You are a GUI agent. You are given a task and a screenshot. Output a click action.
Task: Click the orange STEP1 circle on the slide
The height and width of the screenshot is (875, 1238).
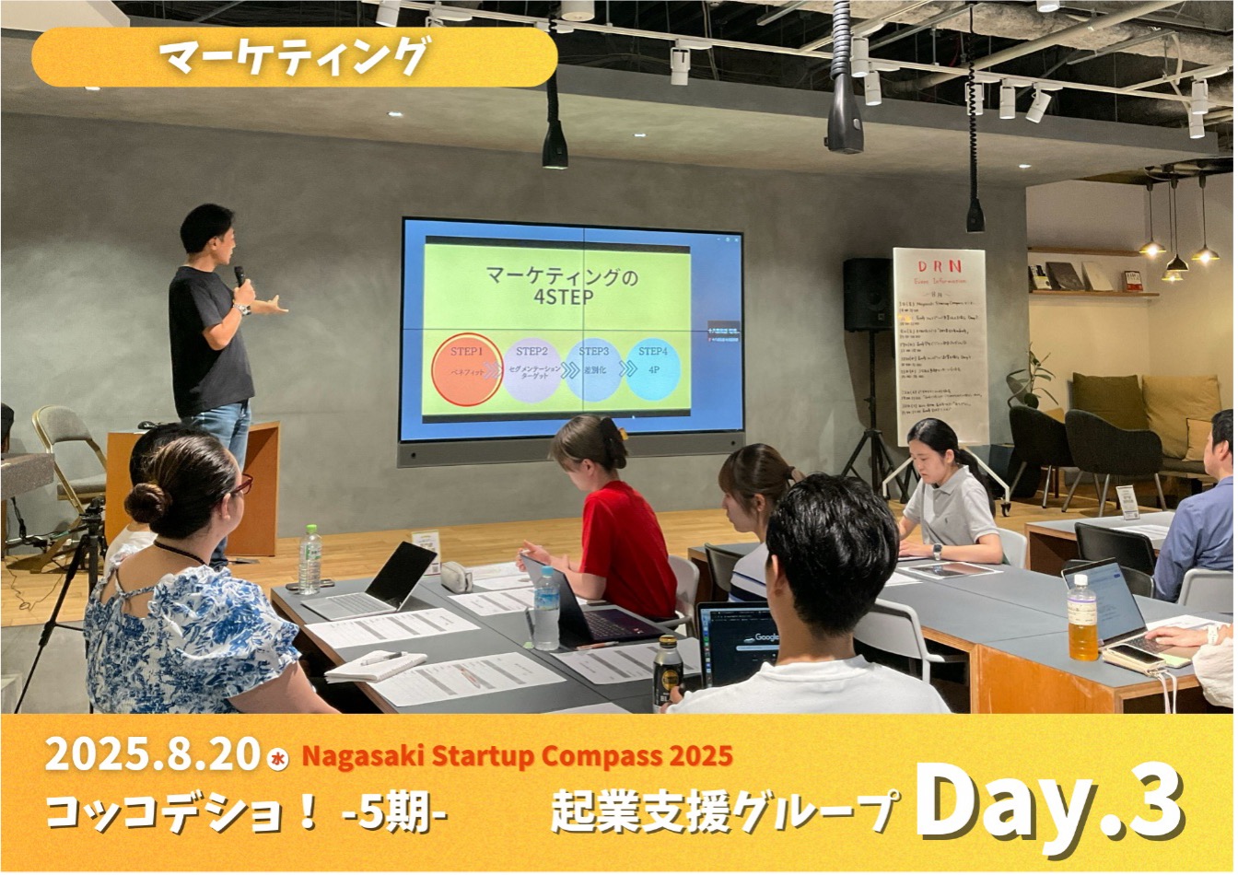tap(467, 369)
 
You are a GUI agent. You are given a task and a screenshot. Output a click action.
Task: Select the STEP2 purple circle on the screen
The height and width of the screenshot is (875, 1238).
tap(531, 368)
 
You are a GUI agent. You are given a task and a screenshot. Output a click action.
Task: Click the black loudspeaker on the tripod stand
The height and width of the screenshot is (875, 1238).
tap(868, 294)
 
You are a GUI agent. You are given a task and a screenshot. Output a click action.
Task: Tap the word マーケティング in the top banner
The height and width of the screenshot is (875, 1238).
tap(294, 57)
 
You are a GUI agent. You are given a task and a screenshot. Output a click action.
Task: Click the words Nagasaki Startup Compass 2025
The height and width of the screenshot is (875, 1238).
tap(517, 756)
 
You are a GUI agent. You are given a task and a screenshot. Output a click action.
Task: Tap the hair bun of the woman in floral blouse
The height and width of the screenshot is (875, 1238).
tap(146, 503)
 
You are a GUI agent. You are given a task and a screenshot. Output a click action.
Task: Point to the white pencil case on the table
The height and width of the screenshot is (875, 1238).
tap(456, 577)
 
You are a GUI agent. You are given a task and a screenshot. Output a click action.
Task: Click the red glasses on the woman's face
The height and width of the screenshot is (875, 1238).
tap(241, 485)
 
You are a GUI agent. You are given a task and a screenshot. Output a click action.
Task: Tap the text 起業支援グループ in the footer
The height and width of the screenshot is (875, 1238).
tap(723, 811)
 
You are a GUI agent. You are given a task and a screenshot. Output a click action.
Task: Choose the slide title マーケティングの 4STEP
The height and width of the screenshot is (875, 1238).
tap(548, 286)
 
